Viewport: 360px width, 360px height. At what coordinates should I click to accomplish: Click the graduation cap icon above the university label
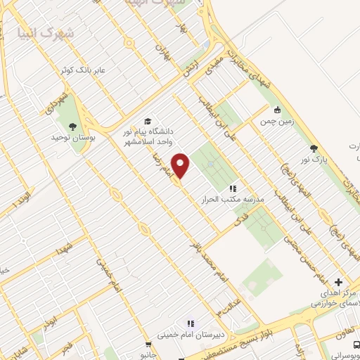[147, 120]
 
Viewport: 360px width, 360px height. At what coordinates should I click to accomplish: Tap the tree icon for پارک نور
[314, 148]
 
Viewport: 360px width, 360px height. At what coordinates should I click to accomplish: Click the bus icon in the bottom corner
[355, 344]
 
